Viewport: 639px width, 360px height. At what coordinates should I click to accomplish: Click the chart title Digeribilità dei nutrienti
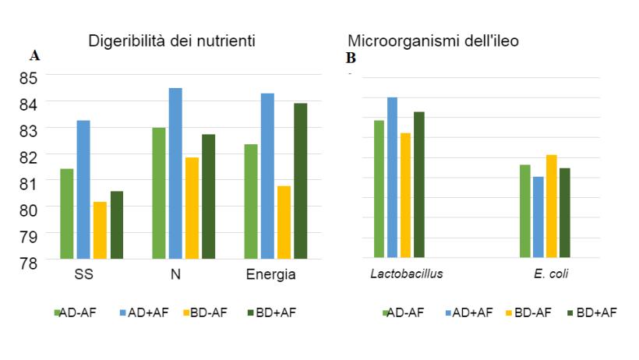click(x=171, y=40)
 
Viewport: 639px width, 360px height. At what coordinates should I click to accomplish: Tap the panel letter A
click(x=34, y=55)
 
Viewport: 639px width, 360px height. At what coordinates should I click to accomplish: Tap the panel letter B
click(x=351, y=58)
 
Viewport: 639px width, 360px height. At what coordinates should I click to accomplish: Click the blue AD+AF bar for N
click(x=175, y=173)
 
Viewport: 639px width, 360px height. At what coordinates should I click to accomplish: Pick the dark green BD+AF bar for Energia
click(x=301, y=181)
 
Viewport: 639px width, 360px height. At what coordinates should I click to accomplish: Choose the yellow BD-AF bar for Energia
click(x=284, y=222)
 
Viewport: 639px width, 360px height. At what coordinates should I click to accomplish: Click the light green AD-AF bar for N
click(x=158, y=192)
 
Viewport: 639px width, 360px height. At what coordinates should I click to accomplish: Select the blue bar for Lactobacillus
click(x=392, y=177)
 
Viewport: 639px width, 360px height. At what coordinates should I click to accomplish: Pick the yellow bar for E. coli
click(x=551, y=206)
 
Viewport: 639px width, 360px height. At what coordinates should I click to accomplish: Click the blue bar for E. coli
click(x=538, y=217)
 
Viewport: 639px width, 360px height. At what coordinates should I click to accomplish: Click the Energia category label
click(x=270, y=274)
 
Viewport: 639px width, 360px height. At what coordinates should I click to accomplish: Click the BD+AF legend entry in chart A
click(x=274, y=312)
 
